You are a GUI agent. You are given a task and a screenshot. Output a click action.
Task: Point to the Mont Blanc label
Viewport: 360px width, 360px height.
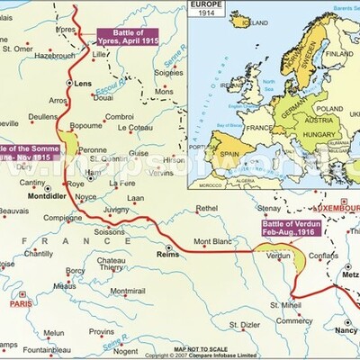[213, 241]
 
